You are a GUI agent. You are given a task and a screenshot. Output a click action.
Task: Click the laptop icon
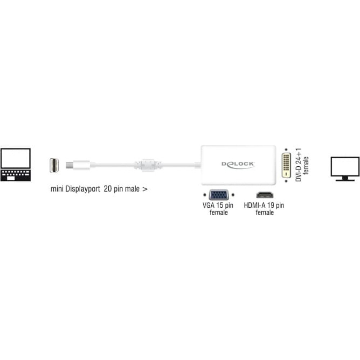[15, 165]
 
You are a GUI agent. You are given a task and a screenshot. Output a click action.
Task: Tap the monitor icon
[345, 169]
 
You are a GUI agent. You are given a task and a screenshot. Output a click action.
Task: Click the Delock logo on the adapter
[238, 165]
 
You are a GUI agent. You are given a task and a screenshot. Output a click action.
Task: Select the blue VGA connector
[219, 195]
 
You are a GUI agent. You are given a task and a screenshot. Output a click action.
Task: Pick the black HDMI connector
[265, 195]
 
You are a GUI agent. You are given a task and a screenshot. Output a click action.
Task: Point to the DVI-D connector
[286, 165]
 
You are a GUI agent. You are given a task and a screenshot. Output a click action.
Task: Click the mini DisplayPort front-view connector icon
[54, 165]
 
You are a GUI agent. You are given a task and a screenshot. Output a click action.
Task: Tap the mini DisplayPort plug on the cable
[78, 165]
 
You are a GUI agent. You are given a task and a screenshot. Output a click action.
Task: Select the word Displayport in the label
[83, 189]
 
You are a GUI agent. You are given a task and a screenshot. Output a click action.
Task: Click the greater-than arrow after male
[145, 189]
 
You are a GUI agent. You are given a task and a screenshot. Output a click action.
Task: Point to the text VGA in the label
[208, 205]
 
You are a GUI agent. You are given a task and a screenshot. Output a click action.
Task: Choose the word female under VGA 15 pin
[219, 213]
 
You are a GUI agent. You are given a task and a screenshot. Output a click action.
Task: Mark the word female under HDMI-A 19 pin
[265, 213]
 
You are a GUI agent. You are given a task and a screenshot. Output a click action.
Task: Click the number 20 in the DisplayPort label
[108, 189]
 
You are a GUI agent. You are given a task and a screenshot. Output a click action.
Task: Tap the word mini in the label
[57, 189]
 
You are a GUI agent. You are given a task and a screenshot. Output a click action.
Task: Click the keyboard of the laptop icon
[15, 175]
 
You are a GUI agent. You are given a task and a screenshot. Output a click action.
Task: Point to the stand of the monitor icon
[345, 179]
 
